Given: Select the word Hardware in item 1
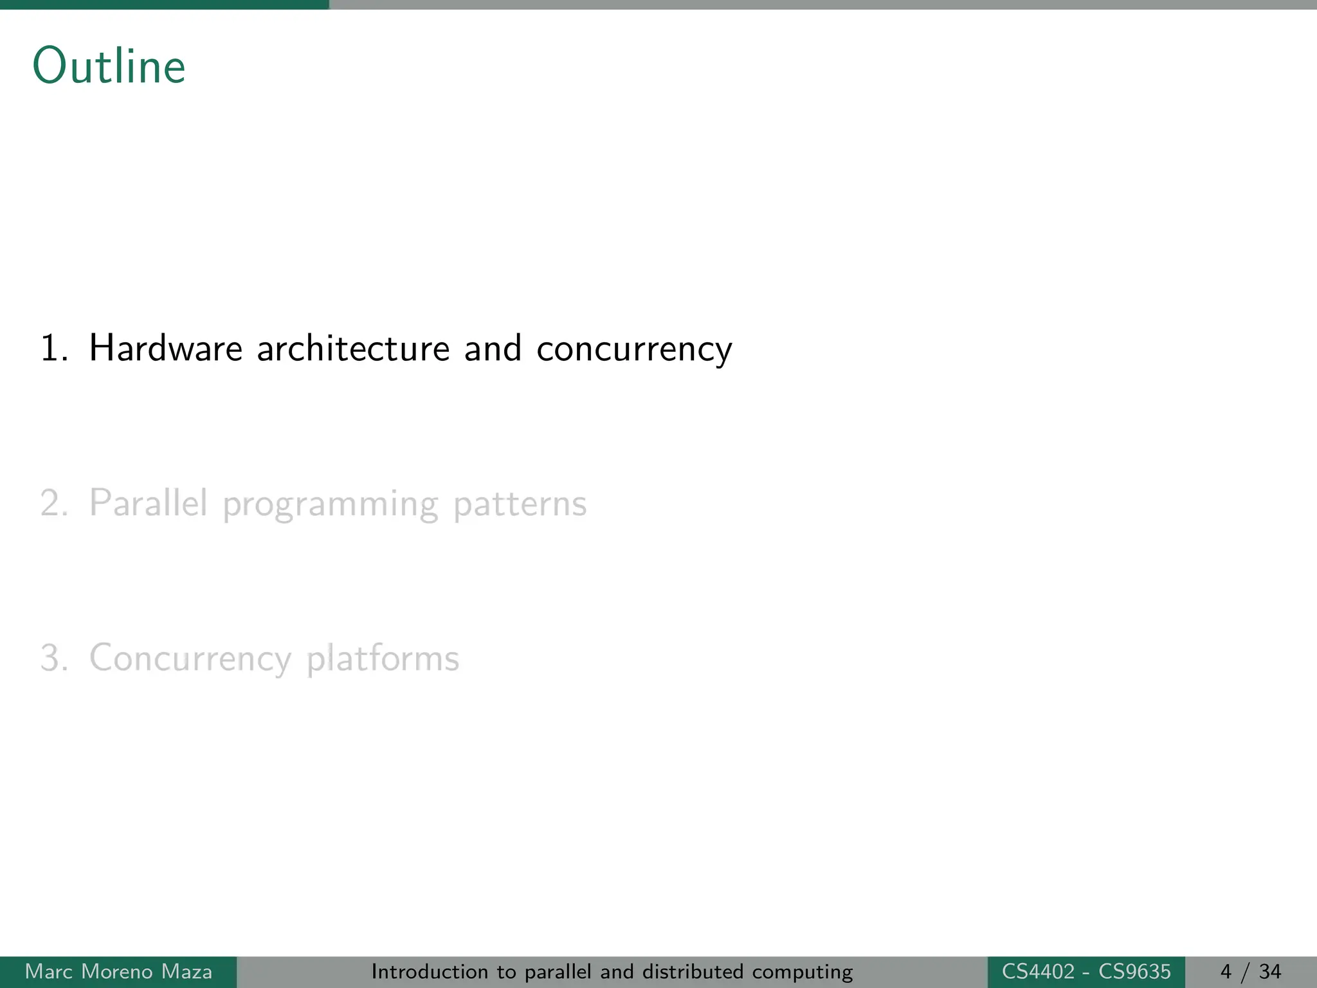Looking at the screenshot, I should pyautogui.click(x=166, y=349).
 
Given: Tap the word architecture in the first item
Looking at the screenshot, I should pyautogui.click(x=353, y=349).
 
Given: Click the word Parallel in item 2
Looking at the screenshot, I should pyautogui.click(x=149, y=503).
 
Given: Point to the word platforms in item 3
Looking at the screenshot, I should pyautogui.click(x=383, y=659).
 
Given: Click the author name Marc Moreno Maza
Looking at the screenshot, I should pyautogui.click(x=118, y=971).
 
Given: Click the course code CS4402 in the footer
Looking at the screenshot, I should pyautogui.click(x=1038, y=971).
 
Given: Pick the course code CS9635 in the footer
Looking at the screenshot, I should pyautogui.click(x=1134, y=971).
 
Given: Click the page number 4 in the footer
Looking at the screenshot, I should pyautogui.click(x=1226, y=971).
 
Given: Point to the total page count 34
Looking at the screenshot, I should pyautogui.click(x=1270, y=971).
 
